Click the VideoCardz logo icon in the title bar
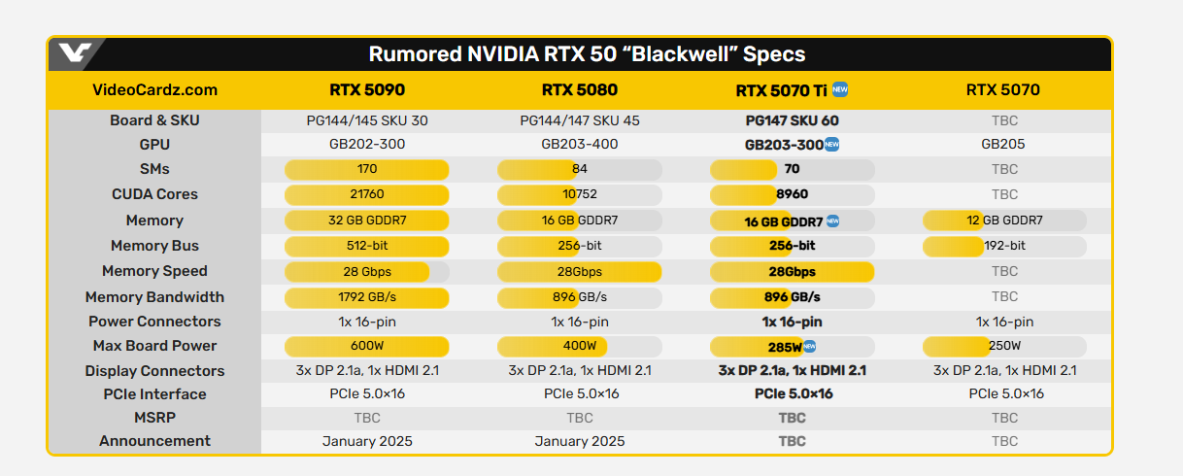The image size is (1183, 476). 74,53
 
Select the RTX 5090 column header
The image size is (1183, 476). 367,90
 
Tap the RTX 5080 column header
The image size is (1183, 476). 580,90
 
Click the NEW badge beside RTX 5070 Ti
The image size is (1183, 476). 840,89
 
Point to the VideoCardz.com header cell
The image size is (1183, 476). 154,90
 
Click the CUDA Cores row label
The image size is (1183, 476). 154,194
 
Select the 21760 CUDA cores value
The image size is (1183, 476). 366,194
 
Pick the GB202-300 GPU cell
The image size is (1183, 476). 366,144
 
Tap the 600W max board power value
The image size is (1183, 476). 366,346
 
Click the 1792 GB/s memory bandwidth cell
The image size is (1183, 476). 366,296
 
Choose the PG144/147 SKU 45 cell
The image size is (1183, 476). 580,121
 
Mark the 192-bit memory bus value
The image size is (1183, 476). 1003,246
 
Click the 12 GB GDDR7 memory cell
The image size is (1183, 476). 1003,221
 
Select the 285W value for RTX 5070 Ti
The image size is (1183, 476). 785,347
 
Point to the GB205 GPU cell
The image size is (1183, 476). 1004,144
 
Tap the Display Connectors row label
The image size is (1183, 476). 154,371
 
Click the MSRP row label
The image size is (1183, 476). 154,418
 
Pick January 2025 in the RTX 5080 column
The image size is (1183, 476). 580,441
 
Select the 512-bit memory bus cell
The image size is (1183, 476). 366,246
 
